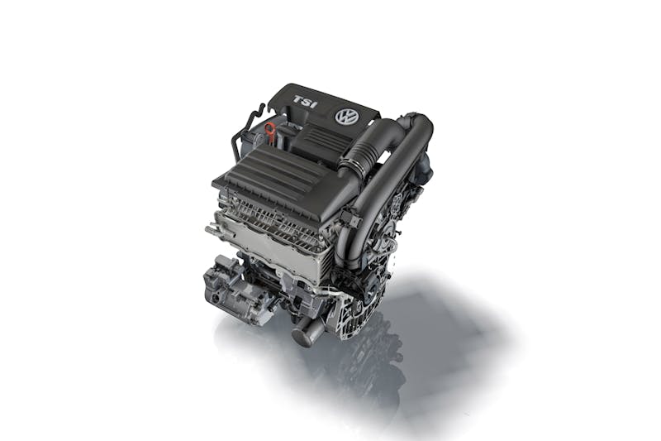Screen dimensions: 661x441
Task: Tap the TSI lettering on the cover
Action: (304, 102)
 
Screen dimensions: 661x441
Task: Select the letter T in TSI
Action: (298, 100)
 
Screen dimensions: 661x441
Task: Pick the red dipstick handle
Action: (268, 127)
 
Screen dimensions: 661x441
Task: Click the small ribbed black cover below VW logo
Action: (319, 138)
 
